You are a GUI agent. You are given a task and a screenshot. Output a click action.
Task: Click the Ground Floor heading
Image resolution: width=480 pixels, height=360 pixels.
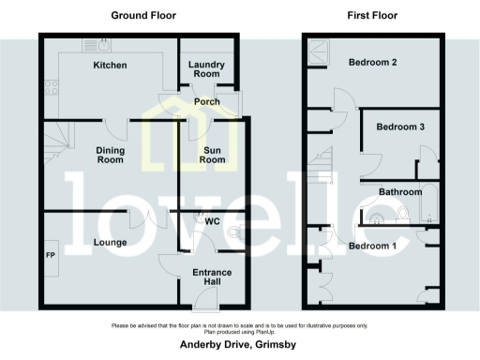(x=143, y=16)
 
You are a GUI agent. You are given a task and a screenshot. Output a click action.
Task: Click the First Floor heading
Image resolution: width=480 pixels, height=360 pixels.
(x=371, y=16)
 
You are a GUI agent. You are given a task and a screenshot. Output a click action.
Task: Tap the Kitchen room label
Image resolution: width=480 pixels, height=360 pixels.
(x=110, y=66)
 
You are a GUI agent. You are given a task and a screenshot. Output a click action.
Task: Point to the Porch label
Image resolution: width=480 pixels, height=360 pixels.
(x=206, y=101)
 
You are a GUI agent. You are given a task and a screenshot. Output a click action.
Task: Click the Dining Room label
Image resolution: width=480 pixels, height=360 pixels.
(x=111, y=154)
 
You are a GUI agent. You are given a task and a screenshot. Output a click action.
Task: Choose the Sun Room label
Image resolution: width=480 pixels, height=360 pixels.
(x=213, y=154)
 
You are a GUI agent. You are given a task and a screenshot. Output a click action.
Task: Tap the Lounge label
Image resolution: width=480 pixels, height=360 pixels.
(x=112, y=241)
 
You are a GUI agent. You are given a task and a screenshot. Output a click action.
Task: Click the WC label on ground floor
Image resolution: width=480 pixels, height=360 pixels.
(x=225, y=222)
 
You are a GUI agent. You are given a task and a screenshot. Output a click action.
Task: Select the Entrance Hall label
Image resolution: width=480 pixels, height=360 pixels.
(x=212, y=277)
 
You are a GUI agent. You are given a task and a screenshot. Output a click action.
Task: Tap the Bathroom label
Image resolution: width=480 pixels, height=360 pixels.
(x=400, y=192)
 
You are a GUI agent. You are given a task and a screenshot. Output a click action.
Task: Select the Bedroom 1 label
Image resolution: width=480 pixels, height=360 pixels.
(x=372, y=246)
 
